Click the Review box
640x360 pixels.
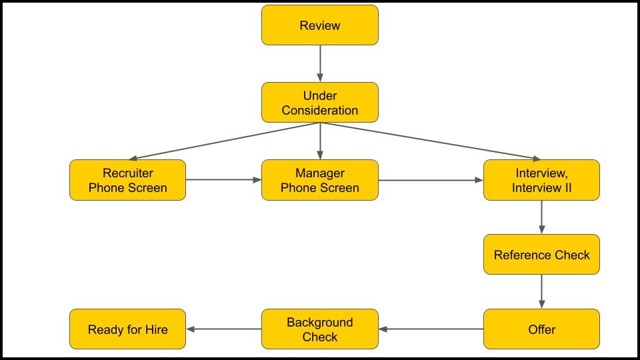click(319, 25)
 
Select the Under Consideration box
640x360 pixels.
click(319, 103)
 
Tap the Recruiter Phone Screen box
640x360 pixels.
click(127, 180)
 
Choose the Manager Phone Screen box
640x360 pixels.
click(319, 180)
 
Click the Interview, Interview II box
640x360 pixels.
click(541, 180)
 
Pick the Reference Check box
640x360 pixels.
click(541, 255)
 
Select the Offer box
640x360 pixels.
click(541, 329)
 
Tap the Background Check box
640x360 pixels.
click(319, 329)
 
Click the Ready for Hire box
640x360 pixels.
click(127, 329)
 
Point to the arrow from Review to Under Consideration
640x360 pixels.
click(320, 63)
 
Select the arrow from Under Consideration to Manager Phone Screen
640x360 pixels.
click(320, 141)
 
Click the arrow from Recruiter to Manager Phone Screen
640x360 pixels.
click(223, 180)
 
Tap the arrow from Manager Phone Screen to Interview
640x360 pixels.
click(431, 180)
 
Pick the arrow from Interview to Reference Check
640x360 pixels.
click(541, 217)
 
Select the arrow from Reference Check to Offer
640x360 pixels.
click(541, 291)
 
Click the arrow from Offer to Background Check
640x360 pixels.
click(431, 329)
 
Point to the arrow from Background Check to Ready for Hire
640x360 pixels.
click(223, 329)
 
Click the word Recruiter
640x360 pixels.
click(127, 173)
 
